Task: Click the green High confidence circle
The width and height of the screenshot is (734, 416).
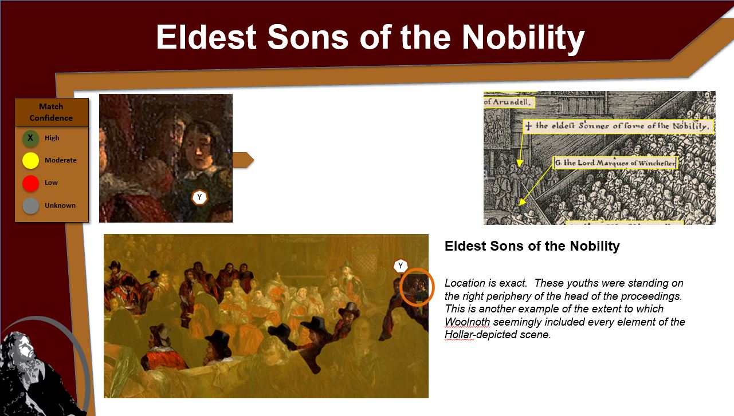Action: pos(30,138)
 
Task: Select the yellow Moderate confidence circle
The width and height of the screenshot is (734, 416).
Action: pos(30,160)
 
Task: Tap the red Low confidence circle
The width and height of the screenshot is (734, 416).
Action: pos(30,183)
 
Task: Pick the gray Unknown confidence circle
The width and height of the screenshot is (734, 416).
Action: pos(30,205)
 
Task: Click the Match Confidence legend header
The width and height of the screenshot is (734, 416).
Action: pos(52,112)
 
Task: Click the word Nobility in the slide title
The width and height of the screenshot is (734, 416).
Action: pos(523,38)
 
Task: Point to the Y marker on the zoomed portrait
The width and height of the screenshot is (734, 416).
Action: pos(199,197)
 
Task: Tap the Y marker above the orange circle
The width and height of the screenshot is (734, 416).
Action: pos(401,266)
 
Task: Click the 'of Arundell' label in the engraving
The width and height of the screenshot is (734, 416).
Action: pos(509,102)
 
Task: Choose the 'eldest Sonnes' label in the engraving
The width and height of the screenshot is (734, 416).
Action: pos(618,126)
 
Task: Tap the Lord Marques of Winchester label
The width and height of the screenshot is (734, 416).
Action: pos(615,163)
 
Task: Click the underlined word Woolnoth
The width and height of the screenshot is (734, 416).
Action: pos(467,322)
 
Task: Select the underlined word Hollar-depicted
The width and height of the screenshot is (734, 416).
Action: pos(497,335)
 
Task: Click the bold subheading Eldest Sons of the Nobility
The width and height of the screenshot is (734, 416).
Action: pos(532,246)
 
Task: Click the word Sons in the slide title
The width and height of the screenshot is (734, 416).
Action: pos(307,38)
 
